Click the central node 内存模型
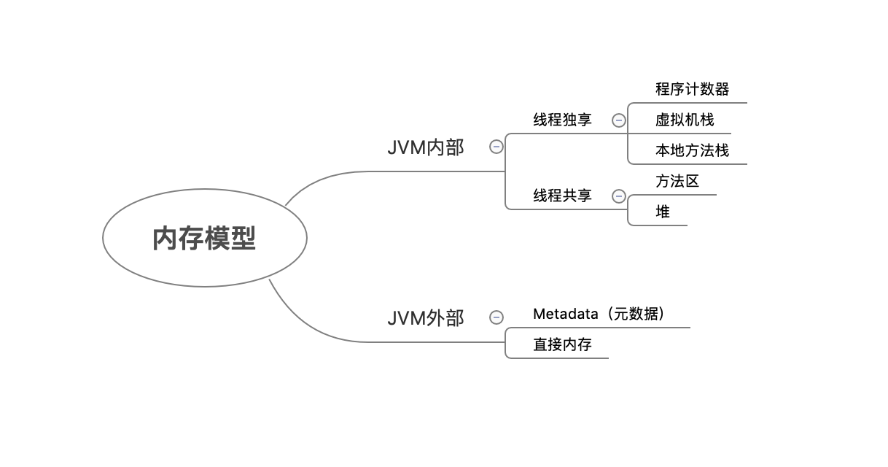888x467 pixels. (204, 238)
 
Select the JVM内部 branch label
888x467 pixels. (425, 147)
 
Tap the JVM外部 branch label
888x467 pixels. (425, 318)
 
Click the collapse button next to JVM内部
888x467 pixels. (496, 147)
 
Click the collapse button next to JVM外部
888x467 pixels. (496, 317)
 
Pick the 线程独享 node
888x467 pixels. (562, 120)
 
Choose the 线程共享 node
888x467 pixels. (562, 196)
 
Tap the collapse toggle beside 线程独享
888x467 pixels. (618, 120)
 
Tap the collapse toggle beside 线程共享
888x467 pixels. (618, 196)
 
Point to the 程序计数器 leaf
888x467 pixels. (692, 89)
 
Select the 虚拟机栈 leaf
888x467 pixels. (685, 120)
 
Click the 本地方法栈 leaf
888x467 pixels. (692, 151)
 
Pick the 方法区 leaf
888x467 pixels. (677, 181)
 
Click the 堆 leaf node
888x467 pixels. (663, 212)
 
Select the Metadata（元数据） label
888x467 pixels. (599, 314)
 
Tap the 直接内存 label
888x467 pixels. (562, 345)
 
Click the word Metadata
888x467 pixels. (565, 314)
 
